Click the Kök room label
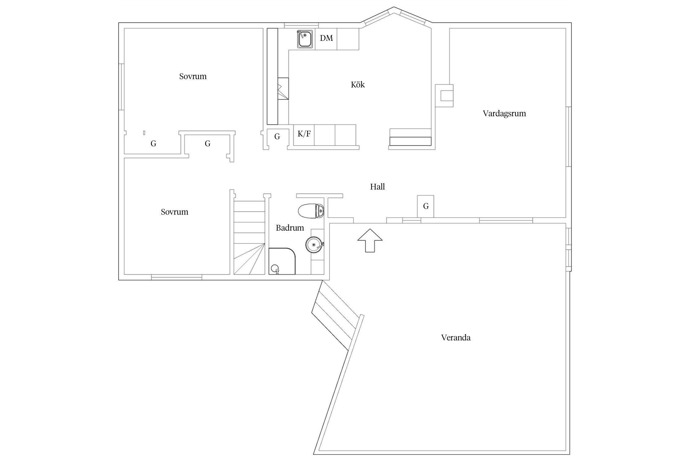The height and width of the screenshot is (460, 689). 358,85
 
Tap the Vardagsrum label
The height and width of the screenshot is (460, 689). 504,113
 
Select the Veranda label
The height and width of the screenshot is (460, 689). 456,338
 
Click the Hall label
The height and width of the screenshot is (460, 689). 377,187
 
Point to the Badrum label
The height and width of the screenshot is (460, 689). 290,228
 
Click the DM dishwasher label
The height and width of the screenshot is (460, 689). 326,38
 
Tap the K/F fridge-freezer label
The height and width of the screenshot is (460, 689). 304,134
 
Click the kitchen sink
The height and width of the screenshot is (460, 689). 305,39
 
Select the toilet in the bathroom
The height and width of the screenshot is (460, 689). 311,211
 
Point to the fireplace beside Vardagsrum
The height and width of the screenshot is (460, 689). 444,95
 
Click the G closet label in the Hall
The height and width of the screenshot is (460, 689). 426,206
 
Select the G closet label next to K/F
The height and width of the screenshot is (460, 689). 277,137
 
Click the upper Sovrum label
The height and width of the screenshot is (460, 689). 193,76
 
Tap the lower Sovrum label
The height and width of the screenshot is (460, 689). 175,212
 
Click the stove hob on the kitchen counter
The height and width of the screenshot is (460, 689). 283,89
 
